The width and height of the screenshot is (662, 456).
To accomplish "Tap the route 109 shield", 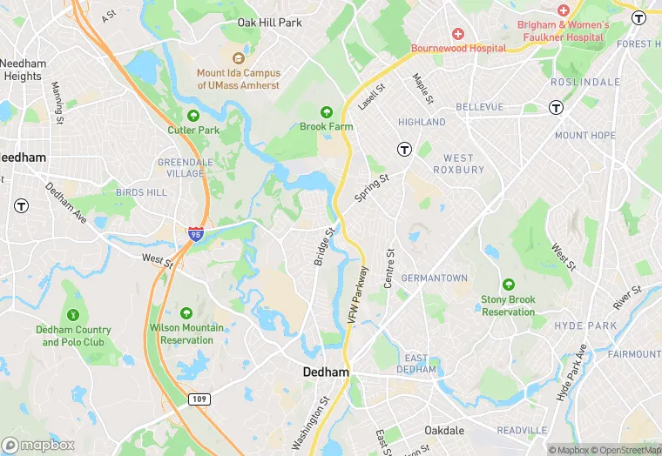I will [x=199, y=398].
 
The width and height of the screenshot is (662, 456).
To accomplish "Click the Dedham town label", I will [x=326, y=372].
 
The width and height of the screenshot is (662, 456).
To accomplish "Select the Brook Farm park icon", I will [x=327, y=112].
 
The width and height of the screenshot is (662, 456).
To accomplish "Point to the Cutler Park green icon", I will [x=193, y=115].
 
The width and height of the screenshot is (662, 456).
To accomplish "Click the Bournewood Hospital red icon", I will [x=458, y=33].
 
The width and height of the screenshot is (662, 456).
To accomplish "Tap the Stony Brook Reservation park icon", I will [x=509, y=285].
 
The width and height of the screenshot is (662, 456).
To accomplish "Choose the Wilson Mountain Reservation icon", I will [x=186, y=313].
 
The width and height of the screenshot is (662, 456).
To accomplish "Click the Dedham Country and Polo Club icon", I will [x=73, y=314].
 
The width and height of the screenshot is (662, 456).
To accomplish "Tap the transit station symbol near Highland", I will [x=404, y=149].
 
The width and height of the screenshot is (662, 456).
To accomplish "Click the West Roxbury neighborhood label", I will [x=459, y=164].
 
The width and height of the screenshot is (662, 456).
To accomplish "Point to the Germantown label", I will [x=434, y=278].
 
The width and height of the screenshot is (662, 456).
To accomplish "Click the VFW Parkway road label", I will [x=357, y=296].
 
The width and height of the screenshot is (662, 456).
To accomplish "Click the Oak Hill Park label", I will [x=270, y=23].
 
